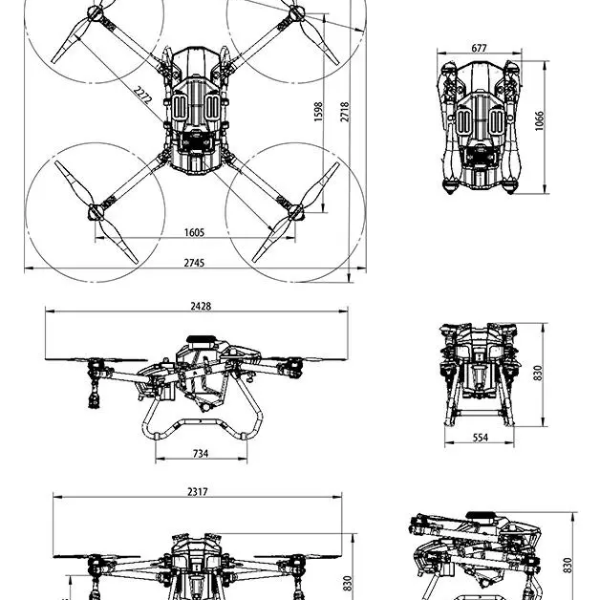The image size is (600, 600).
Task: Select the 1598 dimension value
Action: click(x=319, y=112)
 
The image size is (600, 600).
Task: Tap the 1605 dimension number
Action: click(x=194, y=232)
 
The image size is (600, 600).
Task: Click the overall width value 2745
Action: click(x=194, y=263)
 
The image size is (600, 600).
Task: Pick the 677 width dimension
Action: click(x=479, y=48)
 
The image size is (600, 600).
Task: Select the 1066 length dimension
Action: click(x=540, y=121)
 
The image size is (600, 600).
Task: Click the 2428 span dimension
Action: click(x=201, y=306)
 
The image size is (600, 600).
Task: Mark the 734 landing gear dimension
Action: click(x=201, y=454)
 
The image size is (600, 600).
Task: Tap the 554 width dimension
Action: click(x=480, y=438)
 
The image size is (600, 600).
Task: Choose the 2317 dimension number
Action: click(x=198, y=491)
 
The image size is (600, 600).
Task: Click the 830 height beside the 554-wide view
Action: click(x=538, y=373)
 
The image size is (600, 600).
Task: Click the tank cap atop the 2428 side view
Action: click(x=201, y=339)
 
